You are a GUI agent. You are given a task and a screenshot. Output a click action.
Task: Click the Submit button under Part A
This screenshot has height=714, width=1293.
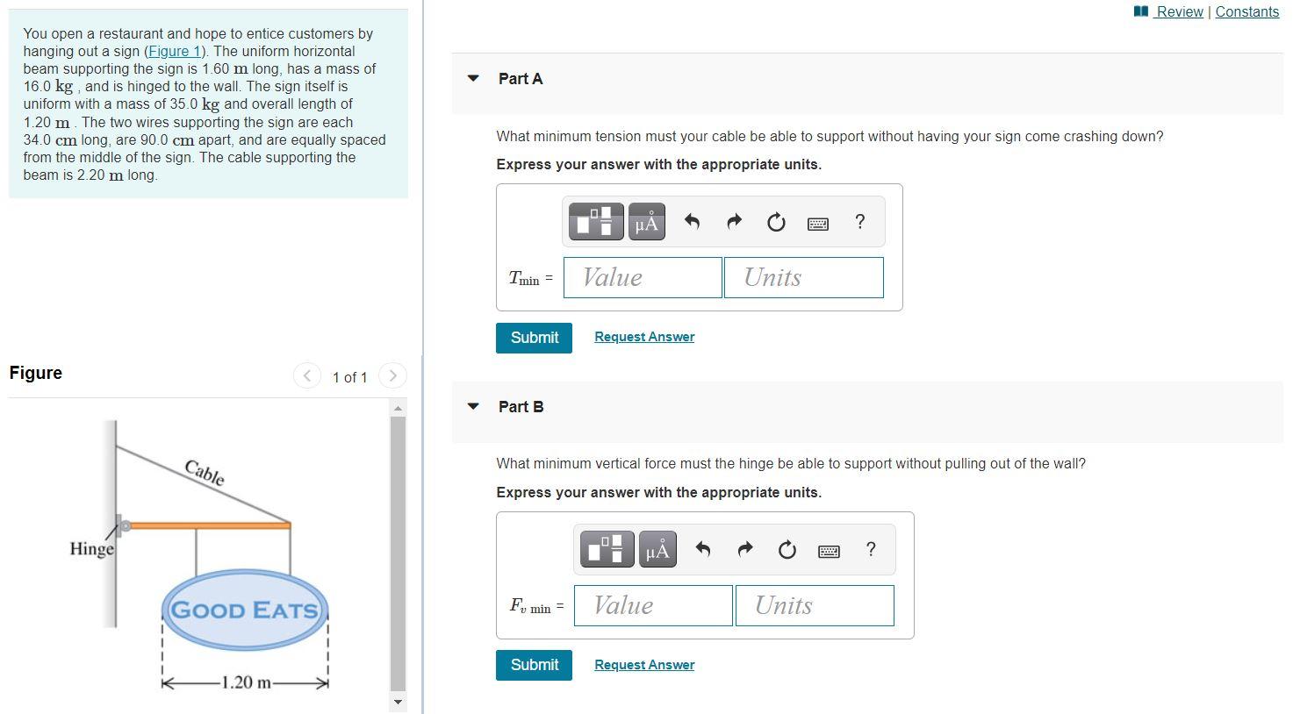[534, 338]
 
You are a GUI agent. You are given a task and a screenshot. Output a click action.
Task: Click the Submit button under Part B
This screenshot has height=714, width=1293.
[534, 665]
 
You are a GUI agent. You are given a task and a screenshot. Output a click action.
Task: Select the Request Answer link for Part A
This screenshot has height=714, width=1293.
[643, 337]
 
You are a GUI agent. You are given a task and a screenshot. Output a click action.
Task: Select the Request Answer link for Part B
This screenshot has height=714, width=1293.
[643, 665]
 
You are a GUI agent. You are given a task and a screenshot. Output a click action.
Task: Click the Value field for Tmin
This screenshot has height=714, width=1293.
[643, 277]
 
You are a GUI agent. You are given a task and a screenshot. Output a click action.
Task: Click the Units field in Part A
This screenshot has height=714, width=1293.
[803, 277]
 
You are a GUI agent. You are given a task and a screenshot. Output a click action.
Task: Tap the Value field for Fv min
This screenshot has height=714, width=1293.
[653, 605]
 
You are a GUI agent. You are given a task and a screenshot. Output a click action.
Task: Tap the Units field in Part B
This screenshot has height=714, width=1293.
[814, 605]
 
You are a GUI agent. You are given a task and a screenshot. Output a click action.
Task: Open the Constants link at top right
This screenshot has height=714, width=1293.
[1246, 11]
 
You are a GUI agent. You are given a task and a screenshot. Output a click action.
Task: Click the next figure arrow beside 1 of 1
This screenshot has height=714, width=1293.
[392, 376]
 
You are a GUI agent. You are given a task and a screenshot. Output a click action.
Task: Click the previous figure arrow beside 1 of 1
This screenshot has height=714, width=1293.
[306, 376]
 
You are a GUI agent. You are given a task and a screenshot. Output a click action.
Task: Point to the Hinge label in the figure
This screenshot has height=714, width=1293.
[92, 549]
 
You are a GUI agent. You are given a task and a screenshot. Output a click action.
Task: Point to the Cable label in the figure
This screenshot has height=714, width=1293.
[205, 472]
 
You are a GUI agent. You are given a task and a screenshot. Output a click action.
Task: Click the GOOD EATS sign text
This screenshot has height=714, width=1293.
[244, 610]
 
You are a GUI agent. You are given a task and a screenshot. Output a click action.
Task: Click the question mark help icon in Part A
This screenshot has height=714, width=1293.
[859, 222]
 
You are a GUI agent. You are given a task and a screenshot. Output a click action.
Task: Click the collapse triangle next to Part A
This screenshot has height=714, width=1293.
[474, 78]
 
